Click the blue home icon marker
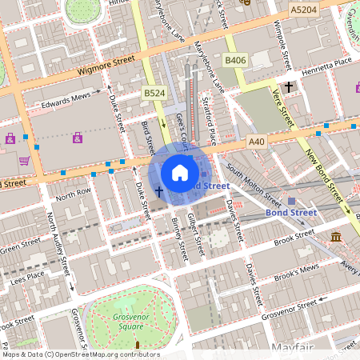click(180, 173)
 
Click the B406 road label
click(235, 61)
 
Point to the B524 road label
click(154, 94)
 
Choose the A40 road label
click(256, 142)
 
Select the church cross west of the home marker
click(158, 191)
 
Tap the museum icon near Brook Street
click(336, 237)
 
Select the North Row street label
click(74, 194)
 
